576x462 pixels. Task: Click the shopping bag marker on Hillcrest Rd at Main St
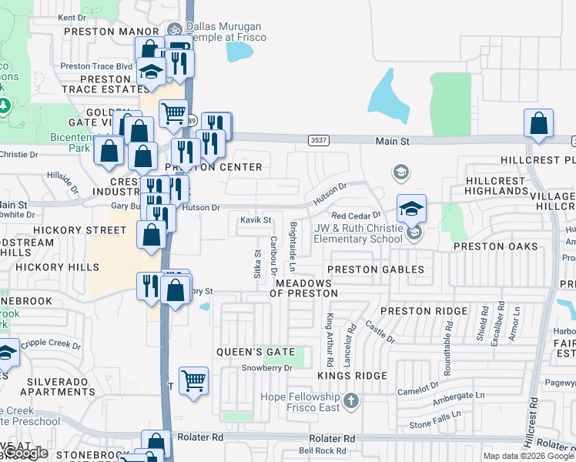click(538, 125)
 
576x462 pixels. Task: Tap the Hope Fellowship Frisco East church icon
click(351, 400)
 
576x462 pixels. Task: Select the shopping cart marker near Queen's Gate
click(193, 380)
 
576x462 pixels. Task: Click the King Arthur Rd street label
click(330, 340)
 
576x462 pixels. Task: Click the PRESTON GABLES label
click(376, 269)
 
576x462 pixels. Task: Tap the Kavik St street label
click(256, 220)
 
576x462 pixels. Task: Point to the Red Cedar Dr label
click(356, 215)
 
